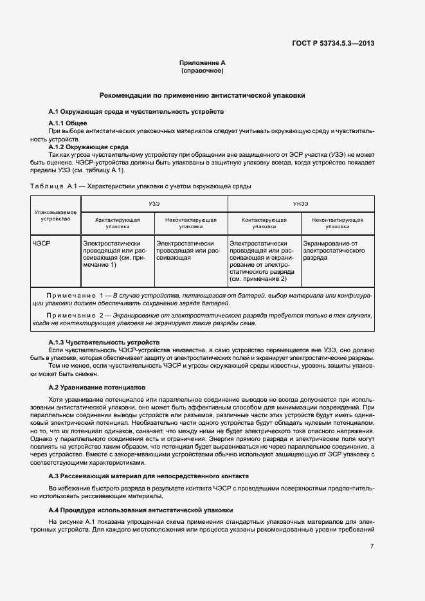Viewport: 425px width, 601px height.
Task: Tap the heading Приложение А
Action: tap(203, 62)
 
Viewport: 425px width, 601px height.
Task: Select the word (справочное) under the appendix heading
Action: tap(203, 70)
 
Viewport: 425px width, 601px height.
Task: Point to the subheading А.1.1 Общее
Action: tap(68, 123)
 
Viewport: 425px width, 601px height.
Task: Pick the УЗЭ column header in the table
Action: tap(154, 203)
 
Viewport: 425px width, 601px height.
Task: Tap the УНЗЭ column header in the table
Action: tap(301, 203)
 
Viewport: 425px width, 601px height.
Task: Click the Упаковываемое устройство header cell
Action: tap(56, 215)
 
